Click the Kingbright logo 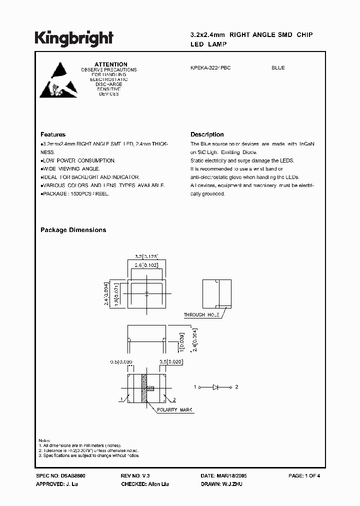coord(74,38)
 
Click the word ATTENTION coord(111,64)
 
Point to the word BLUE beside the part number coord(278,68)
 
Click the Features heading coord(53,134)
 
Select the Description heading coord(207,134)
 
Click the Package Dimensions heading coord(73,230)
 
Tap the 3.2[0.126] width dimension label coord(146,256)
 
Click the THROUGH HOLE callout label coord(201,315)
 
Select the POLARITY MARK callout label coord(175,410)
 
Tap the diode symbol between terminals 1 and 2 coord(216,387)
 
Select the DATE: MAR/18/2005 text coord(223,476)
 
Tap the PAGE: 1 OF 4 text coord(304,476)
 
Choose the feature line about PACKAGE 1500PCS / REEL coord(75,193)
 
